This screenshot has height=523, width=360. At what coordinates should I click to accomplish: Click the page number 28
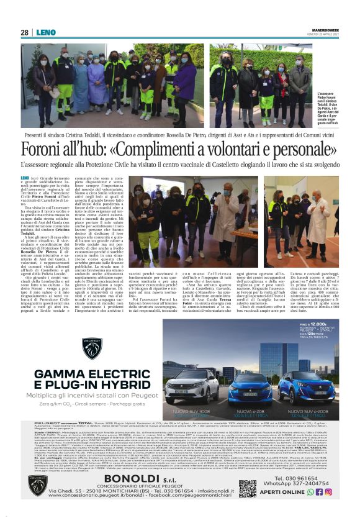[24, 32]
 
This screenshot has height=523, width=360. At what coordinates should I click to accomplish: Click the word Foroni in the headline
[45, 151]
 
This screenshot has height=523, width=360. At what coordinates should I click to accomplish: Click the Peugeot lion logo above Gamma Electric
[92, 348]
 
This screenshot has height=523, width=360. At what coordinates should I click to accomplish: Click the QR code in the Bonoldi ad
[248, 488]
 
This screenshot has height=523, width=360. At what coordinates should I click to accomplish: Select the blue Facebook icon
[319, 492]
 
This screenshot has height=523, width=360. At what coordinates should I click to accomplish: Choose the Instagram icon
[328, 492]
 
